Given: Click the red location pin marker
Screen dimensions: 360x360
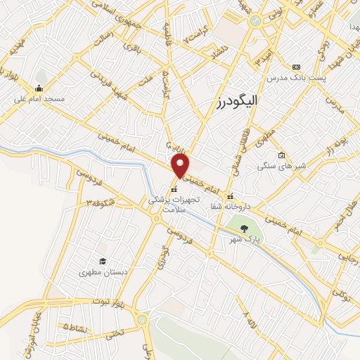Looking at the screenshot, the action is click(x=181, y=167).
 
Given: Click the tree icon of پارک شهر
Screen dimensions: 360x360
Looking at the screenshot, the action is click(x=244, y=228).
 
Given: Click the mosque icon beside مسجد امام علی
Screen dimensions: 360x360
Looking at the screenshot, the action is click(x=38, y=89).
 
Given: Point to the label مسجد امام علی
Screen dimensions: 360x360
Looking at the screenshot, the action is click(x=39, y=99).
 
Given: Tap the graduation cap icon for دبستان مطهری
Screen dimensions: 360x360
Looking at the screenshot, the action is click(x=103, y=262).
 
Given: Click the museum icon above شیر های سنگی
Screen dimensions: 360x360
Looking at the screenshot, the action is click(x=282, y=155).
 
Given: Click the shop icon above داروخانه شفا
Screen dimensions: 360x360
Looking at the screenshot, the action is click(x=229, y=196).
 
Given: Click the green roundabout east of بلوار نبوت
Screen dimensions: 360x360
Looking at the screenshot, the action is click(x=143, y=320).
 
